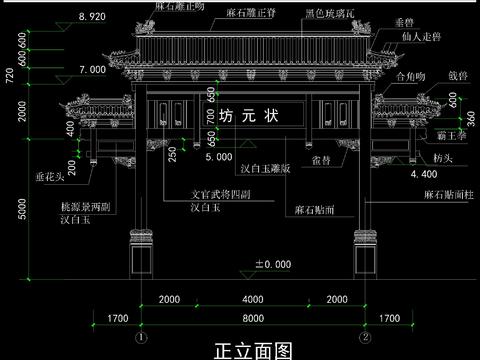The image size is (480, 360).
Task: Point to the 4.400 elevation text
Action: tap(426, 173)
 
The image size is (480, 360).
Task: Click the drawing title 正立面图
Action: tap(254, 349)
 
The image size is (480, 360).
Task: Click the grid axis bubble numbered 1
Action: tap(141, 336)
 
